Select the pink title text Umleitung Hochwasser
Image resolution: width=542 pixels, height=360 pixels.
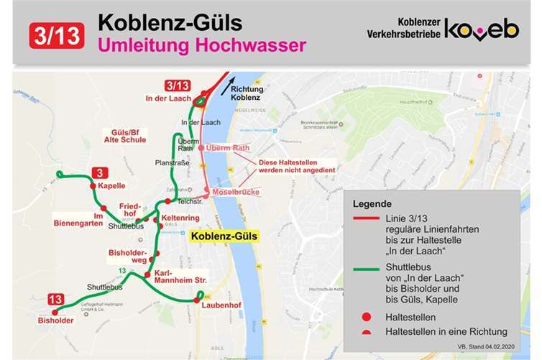pyautogui.click(x=192, y=46)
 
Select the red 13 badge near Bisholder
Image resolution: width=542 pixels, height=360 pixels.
pyautogui.click(x=55, y=299)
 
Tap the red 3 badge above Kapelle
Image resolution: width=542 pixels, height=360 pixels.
pyautogui.click(x=101, y=172)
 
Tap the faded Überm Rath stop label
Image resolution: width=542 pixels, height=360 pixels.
pyautogui.click(x=226, y=147)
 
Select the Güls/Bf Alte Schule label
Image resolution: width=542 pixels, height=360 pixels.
pyautogui.click(x=129, y=137)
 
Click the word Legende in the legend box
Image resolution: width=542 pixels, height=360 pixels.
pyautogui.click(x=372, y=203)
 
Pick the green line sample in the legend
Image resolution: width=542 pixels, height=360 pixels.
pyautogui.click(x=367, y=272)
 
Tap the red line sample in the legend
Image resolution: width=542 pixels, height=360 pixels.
pyautogui.click(x=367, y=218)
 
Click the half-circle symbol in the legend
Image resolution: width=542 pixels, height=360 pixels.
pyautogui.click(x=367, y=331)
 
